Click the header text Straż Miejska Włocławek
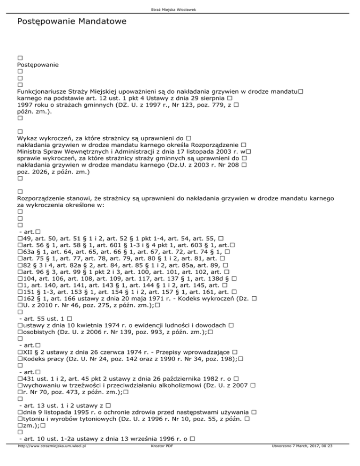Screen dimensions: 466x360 click(180, 4)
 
